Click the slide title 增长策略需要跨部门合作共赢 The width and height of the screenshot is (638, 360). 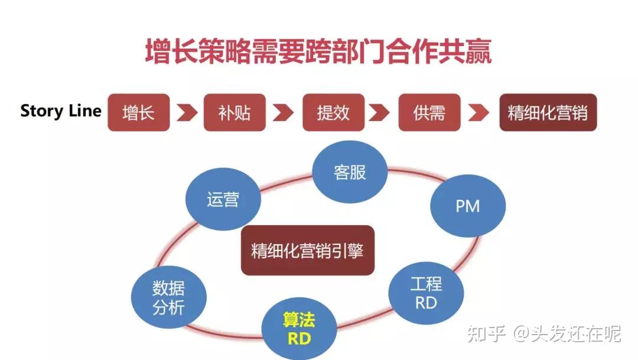click(x=318, y=52)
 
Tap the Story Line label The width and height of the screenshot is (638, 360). click(x=61, y=111)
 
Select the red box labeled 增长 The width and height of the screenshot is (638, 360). click(x=138, y=112)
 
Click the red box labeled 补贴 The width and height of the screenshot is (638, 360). click(x=235, y=112)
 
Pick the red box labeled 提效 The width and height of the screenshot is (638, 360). click(x=333, y=112)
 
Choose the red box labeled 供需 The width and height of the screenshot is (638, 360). click(x=429, y=112)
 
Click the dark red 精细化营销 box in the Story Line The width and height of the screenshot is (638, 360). click(x=548, y=112)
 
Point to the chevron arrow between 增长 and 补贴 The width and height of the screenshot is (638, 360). click(x=187, y=112)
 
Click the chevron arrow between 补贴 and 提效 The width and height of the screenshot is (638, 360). click(x=284, y=112)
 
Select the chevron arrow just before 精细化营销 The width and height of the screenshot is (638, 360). click(x=479, y=112)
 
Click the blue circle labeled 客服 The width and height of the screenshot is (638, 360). click(x=350, y=173)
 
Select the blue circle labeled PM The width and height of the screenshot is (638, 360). click(x=468, y=206)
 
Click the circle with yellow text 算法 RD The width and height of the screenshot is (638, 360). click(x=300, y=329)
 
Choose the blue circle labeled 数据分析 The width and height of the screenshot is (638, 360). click(x=169, y=297)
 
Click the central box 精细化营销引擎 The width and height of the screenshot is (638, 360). click(x=307, y=250)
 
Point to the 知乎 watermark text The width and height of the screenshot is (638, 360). click(x=487, y=334)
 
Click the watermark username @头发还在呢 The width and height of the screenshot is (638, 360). click(x=567, y=334)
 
